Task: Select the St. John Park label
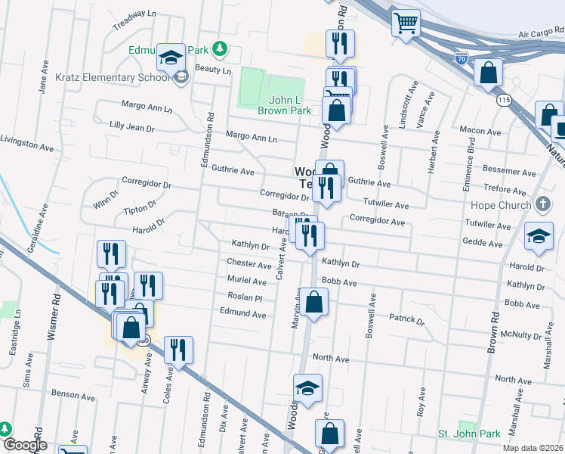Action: pyautogui.click(x=469, y=434)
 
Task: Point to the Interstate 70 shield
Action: pyautogui.click(x=462, y=58)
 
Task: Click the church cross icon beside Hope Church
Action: pyautogui.click(x=542, y=205)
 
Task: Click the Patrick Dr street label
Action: pyautogui.click(x=406, y=319)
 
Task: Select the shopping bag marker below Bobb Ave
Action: pyautogui.click(x=313, y=302)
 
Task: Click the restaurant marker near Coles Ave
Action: pyautogui.click(x=178, y=350)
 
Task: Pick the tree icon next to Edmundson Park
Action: pyautogui.click(x=220, y=49)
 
